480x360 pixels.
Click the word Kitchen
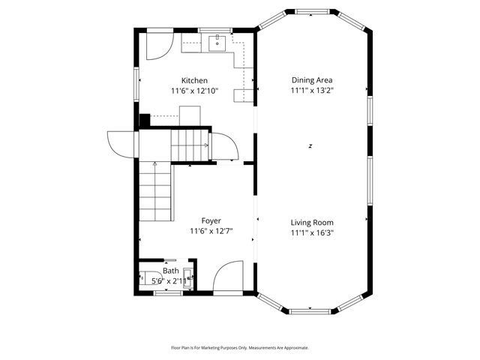[x=194, y=80]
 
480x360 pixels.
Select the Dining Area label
[x=312, y=79]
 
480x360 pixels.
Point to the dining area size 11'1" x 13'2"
[x=312, y=90]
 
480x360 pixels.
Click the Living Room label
[x=312, y=222]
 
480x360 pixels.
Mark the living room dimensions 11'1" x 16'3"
[x=312, y=232]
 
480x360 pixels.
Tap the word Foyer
[x=211, y=220]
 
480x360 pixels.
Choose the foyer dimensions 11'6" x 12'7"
[x=211, y=231]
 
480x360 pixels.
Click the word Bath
[x=171, y=271]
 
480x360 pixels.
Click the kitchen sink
[x=218, y=42]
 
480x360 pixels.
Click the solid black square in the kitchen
[x=145, y=118]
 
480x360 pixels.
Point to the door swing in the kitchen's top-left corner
[x=155, y=46]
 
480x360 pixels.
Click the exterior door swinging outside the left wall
[x=121, y=142]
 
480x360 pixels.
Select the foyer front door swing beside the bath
[x=228, y=275]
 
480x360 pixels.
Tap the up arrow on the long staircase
[x=154, y=164]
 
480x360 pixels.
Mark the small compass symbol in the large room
[x=310, y=145]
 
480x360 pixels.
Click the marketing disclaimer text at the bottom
[x=240, y=347]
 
